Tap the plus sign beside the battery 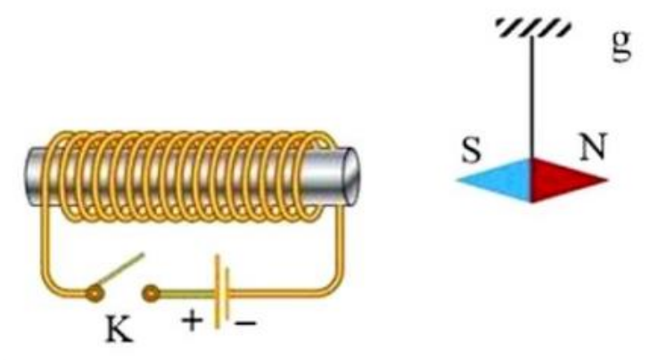coord(192,321)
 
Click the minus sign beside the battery coord(245,323)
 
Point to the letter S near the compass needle coord(472,149)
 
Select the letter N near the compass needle coord(593,146)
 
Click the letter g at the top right coord(622,45)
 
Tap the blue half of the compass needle coord(498,181)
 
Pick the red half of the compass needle coord(564,181)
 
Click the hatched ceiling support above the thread coord(534,28)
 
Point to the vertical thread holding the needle coord(532,97)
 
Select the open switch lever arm coord(119,270)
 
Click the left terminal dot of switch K coord(95,293)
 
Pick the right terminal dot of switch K coord(151,293)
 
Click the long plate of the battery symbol coord(218,291)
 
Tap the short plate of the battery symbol coord(227,293)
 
